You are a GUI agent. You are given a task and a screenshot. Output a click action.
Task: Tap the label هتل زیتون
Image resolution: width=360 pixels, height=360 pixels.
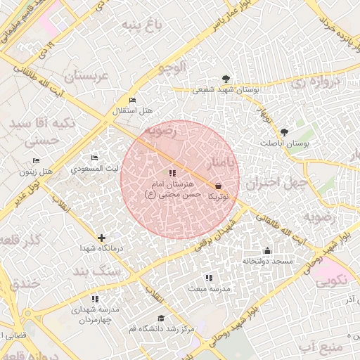tap(37, 172)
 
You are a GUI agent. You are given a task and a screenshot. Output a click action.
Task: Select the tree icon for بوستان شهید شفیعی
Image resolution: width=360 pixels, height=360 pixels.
tap(225, 79)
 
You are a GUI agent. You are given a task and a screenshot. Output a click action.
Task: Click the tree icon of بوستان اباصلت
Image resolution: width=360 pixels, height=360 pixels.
tap(284, 131)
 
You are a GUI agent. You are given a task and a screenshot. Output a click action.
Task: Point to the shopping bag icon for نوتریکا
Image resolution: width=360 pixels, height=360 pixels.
tap(218, 186)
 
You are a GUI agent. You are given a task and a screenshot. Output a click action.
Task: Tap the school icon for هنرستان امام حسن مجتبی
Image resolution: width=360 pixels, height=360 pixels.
tap(172, 173)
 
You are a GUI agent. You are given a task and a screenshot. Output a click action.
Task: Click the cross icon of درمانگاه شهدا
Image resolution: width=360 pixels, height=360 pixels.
tap(102, 238)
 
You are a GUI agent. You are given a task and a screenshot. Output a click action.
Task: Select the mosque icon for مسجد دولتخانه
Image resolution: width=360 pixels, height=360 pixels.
tap(266, 250)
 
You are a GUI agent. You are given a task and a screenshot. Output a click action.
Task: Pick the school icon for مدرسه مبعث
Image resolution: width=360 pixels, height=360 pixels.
tap(207, 278)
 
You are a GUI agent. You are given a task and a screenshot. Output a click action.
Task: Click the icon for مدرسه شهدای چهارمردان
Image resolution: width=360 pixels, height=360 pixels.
tap(95, 299)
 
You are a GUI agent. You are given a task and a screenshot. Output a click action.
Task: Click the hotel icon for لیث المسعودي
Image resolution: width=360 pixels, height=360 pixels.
tap(95, 158)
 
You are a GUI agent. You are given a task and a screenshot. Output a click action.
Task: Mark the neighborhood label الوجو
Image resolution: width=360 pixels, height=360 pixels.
tap(172, 68)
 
